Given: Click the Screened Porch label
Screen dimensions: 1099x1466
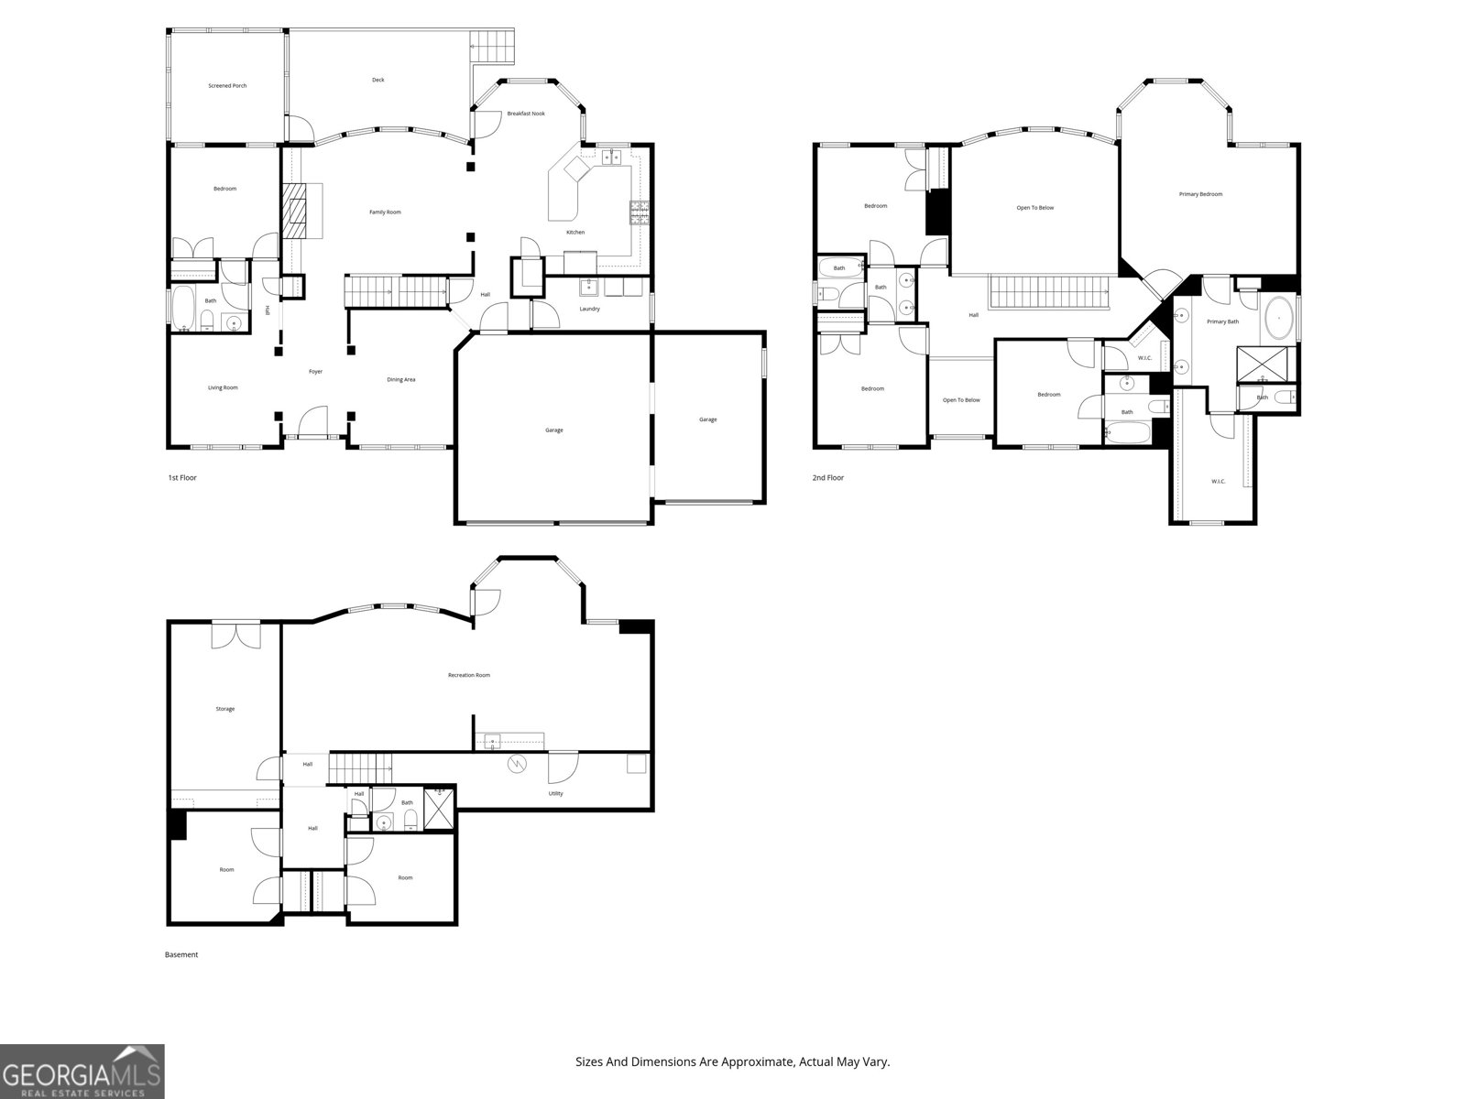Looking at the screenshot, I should [227, 86].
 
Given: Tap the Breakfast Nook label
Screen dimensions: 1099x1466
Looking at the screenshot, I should [526, 114].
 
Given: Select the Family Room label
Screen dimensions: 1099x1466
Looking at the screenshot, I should [385, 212].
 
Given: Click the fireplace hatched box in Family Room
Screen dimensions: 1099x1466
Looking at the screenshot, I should [295, 211].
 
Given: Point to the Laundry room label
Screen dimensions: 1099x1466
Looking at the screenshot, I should [589, 309].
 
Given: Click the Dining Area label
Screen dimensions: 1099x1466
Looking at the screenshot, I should [400, 379].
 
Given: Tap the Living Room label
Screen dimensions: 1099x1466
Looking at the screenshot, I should [223, 387].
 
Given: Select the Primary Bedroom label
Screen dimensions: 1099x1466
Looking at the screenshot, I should [1200, 194].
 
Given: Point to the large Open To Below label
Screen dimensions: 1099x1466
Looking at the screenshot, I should [1035, 208].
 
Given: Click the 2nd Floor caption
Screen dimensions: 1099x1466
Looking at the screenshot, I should [827, 478].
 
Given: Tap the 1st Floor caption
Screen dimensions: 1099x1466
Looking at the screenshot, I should [182, 478].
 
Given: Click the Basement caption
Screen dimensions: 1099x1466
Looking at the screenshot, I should [181, 954].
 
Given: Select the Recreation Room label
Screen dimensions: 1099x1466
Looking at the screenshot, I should [468, 675].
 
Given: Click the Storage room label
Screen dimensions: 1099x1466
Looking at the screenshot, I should [224, 709].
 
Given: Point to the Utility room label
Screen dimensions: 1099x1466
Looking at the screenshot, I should [555, 793].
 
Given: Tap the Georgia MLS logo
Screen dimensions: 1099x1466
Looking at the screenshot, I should [82, 1072].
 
